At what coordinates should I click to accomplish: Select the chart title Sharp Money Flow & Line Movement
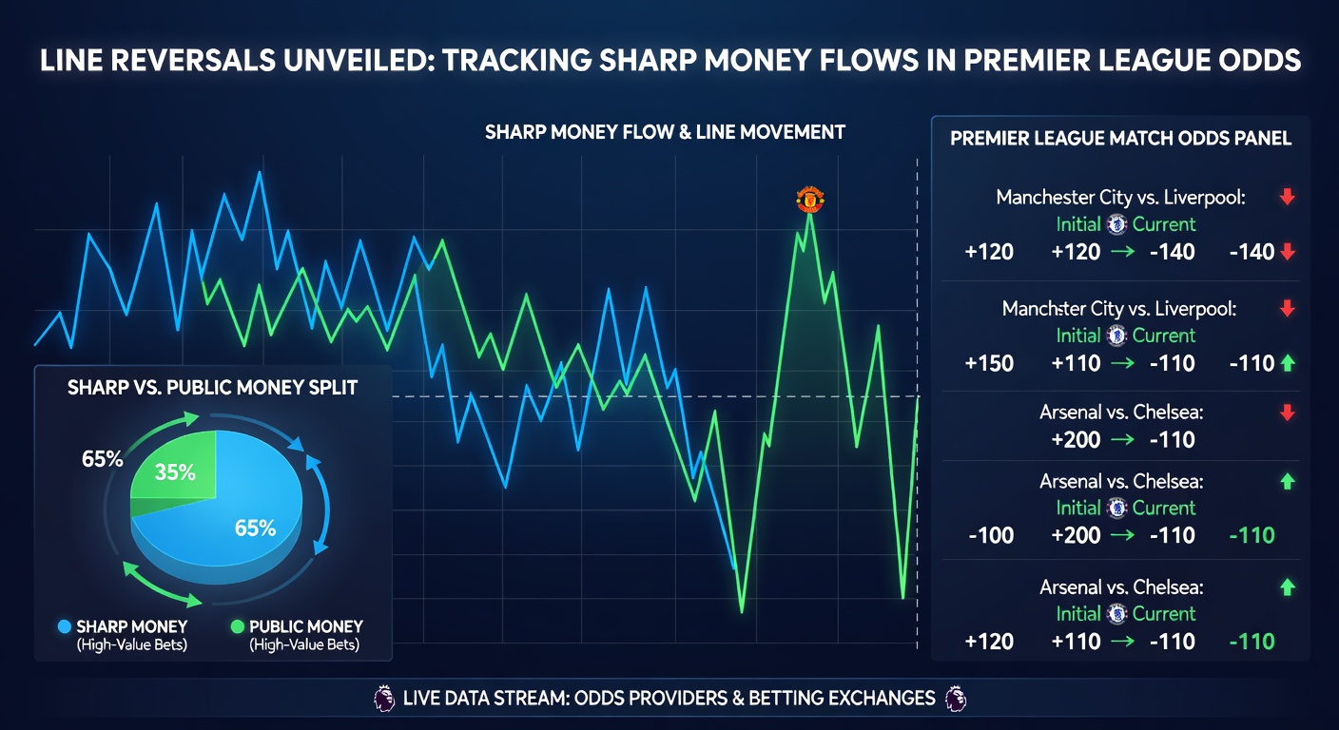click(x=665, y=131)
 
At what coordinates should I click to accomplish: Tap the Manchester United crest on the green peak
click(x=809, y=200)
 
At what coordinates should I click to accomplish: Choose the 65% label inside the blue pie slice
click(x=255, y=528)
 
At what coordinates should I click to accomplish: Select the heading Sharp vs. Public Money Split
click(x=212, y=388)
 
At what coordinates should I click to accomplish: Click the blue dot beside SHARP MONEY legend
click(x=65, y=627)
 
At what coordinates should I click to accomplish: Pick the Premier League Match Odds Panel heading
click(x=1120, y=138)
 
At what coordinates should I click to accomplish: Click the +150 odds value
click(x=989, y=363)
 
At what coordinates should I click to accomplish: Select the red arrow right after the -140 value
click(x=1288, y=252)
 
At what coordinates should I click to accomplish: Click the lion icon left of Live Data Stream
click(x=383, y=699)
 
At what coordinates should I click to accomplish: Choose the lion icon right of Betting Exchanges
click(x=956, y=699)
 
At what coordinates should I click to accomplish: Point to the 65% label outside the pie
click(x=102, y=459)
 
